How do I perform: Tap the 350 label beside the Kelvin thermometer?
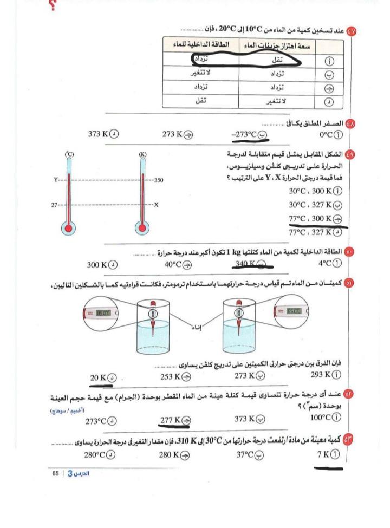point(159,180)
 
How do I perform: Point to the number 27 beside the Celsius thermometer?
point(54,205)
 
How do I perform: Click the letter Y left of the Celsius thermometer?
point(55,179)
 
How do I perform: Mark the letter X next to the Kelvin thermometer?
point(157,205)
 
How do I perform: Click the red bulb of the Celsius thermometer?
point(69,228)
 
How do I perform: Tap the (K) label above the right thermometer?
point(143,155)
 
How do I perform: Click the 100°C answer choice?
point(320,418)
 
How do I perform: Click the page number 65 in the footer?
point(55,473)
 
